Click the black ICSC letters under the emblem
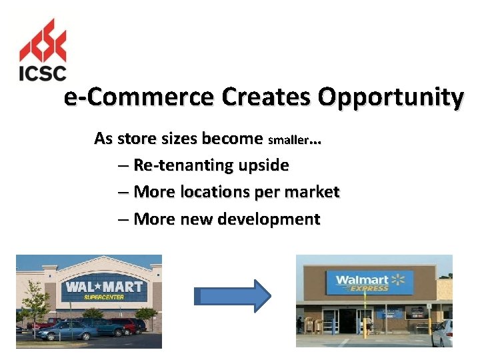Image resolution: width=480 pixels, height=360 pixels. tap(43, 72)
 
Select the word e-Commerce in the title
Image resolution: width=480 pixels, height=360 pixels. tap(139, 98)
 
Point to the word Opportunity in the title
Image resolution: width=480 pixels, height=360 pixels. tap(390, 98)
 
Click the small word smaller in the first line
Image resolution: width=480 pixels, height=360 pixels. tap(288, 141)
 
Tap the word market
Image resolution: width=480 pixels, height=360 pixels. tap(311, 192)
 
